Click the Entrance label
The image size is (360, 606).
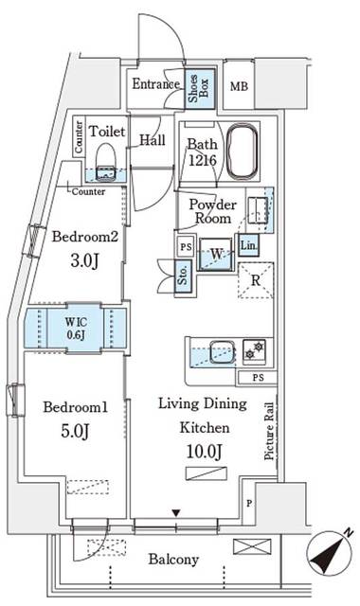click(154, 84)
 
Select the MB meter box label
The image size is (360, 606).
click(240, 85)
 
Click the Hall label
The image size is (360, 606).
click(153, 140)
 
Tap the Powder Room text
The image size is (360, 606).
click(210, 211)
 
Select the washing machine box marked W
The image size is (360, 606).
click(217, 255)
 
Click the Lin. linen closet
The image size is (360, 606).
click(248, 246)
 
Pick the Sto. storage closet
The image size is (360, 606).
click(183, 276)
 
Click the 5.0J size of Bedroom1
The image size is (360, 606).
click(67, 432)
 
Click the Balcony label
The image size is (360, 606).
click(173, 560)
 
